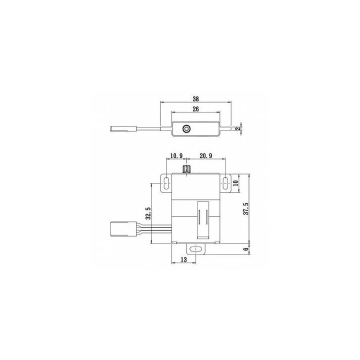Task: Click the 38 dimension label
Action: [x=195, y=99]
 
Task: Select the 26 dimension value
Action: [x=195, y=109]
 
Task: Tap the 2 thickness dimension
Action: [x=239, y=128]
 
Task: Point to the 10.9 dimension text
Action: [x=176, y=156]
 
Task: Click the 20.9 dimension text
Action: [x=206, y=156]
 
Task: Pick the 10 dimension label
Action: [x=236, y=183]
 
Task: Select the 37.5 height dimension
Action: [x=246, y=208]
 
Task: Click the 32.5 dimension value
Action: [x=148, y=213]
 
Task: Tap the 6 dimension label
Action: [x=246, y=249]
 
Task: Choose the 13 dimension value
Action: [x=184, y=259]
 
